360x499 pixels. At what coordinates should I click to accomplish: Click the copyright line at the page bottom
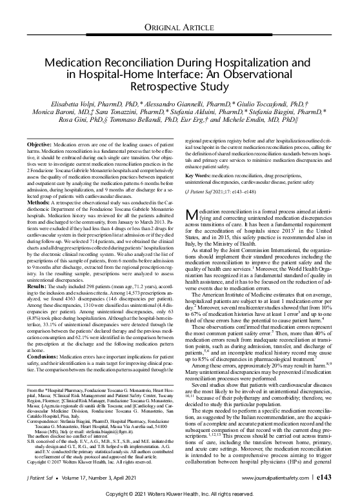pyautogui.click(x=179, y=493)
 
